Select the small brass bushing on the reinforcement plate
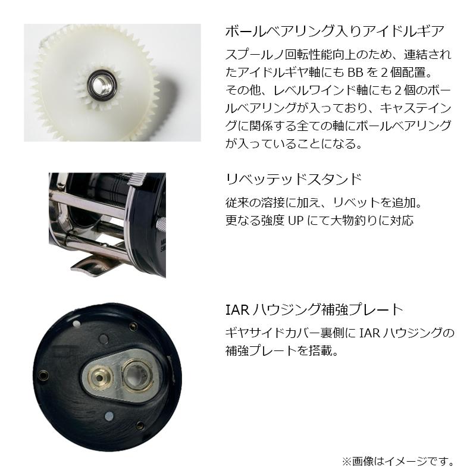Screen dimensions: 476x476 (x=98, y=375)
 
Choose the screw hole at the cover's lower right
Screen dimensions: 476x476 (x=139, y=424)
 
